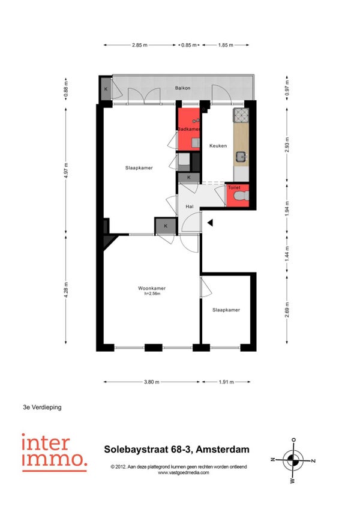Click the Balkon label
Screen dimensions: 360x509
pyautogui.click(x=182, y=88)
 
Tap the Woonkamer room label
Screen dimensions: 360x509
pyautogui.click(x=152, y=288)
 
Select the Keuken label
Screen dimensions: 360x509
pyautogui.click(x=218, y=146)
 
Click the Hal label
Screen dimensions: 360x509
pyautogui.click(x=190, y=206)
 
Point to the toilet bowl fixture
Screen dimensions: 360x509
pyautogui.click(x=242, y=196)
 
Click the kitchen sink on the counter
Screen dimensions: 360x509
pyautogui.click(x=241, y=157)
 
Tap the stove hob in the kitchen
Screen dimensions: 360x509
pyautogui.click(x=241, y=115)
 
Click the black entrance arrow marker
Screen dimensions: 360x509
pyautogui.click(x=210, y=223)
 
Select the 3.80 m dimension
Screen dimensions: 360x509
pyautogui.click(x=152, y=382)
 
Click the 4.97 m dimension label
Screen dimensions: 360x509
pyautogui.click(x=66, y=170)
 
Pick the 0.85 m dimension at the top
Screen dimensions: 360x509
pyautogui.click(x=189, y=45)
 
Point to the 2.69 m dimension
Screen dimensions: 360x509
pyautogui.click(x=287, y=310)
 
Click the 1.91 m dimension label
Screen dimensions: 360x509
pyautogui.click(x=226, y=382)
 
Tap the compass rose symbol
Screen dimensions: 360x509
pyautogui.click(x=293, y=460)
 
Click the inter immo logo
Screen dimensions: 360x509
pyautogui.click(x=54, y=453)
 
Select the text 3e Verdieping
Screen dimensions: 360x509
pyautogui.click(x=42, y=407)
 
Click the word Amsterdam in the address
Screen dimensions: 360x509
pyautogui.click(x=223, y=449)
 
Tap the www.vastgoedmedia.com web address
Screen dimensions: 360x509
pyautogui.click(x=184, y=472)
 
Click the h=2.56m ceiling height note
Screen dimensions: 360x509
pyautogui.click(x=152, y=294)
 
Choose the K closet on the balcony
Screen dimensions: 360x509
pyautogui.click(x=106, y=89)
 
